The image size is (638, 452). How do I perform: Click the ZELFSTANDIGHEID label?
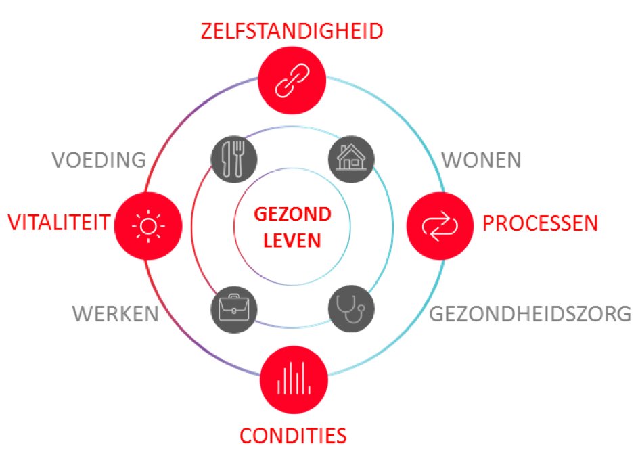[x=292, y=31]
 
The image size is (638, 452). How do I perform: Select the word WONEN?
[x=482, y=160]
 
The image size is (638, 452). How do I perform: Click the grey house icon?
[x=350, y=158]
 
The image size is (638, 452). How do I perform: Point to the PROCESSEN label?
[x=541, y=223]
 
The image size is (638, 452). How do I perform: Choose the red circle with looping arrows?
[x=439, y=225]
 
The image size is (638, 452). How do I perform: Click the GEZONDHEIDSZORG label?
[x=531, y=315]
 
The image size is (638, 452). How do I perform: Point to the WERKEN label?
[x=116, y=314]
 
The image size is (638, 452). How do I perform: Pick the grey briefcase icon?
[x=234, y=309]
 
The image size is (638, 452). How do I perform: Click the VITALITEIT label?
[x=59, y=222]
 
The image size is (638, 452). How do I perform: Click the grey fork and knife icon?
[x=234, y=158]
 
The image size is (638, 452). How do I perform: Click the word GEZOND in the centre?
[x=292, y=215]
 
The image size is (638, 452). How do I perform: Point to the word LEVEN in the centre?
[x=292, y=240]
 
